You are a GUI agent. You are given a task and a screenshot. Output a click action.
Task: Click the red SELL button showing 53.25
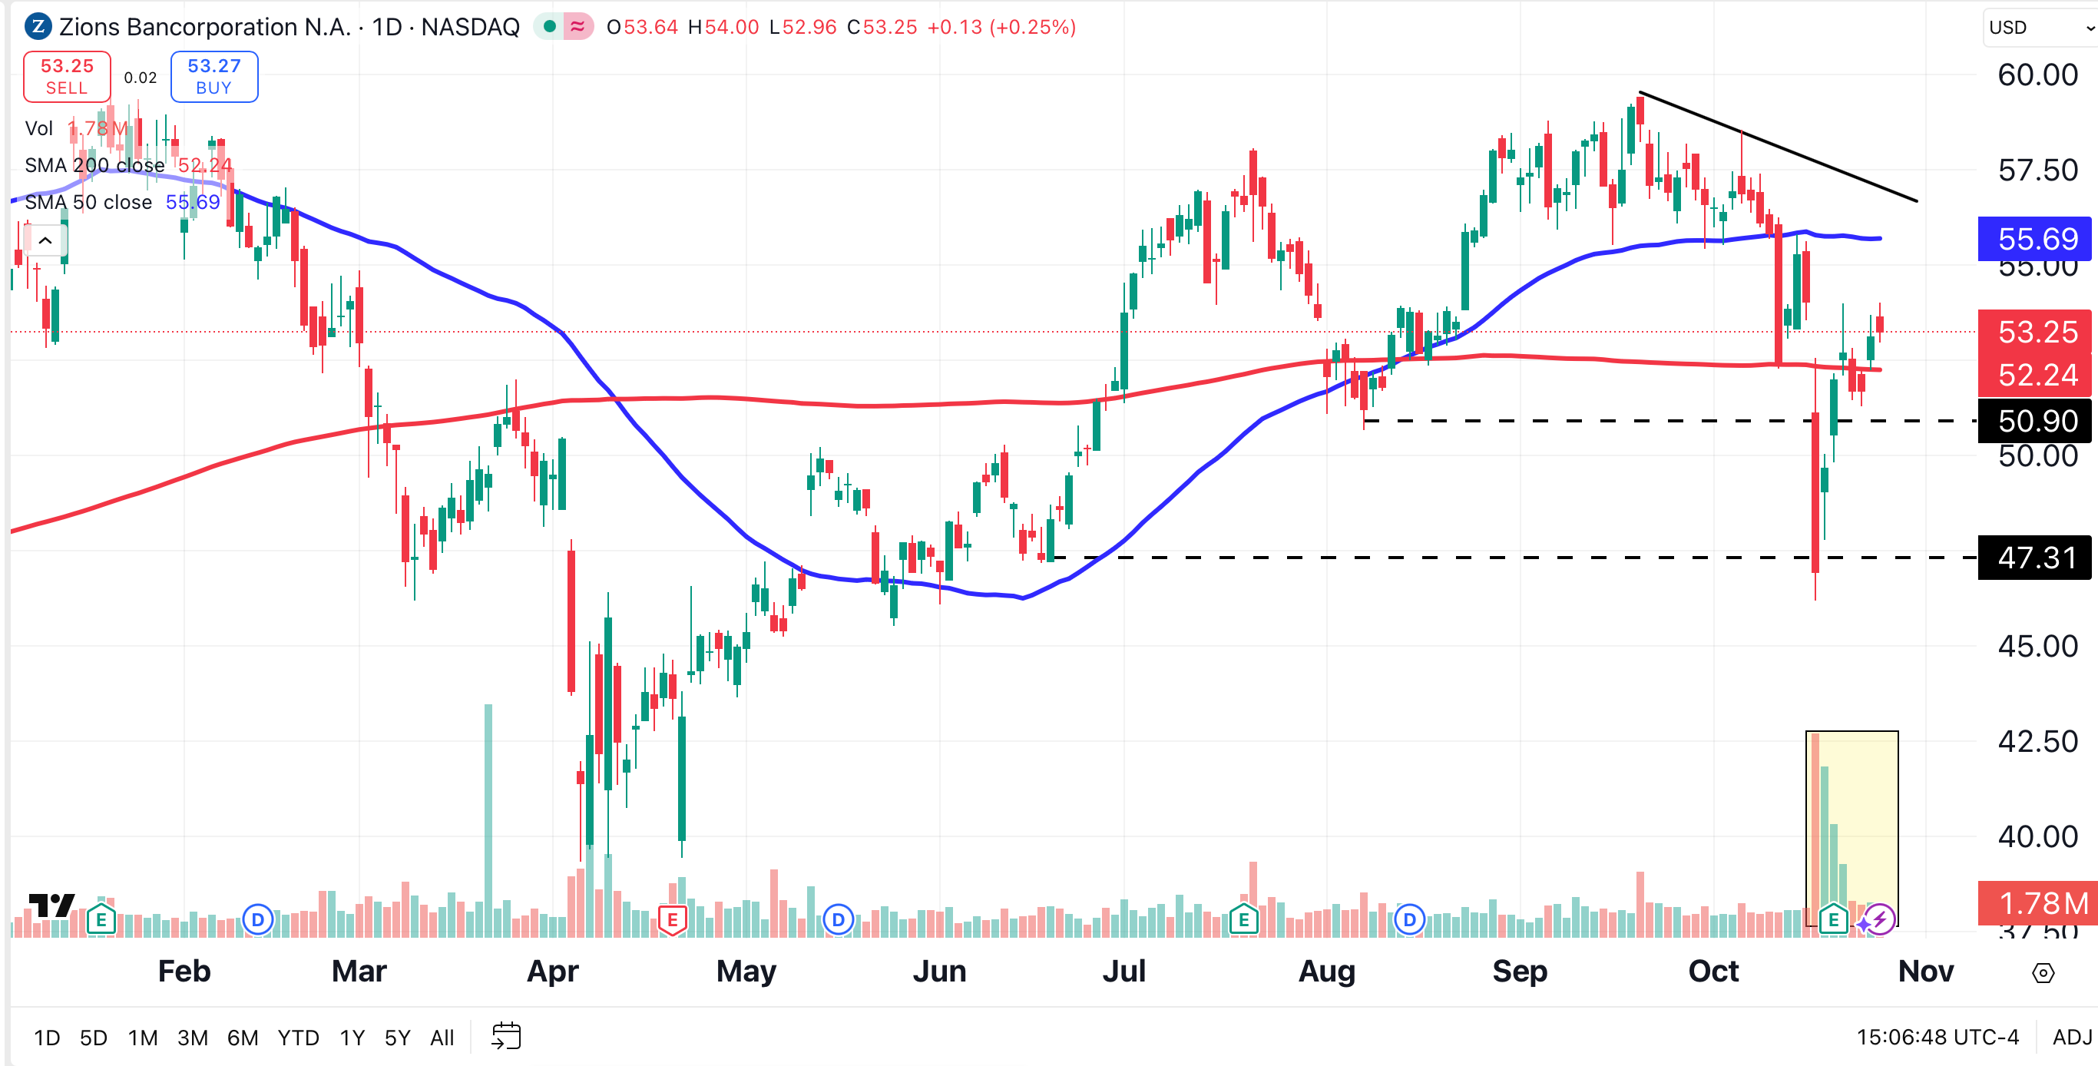(x=67, y=77)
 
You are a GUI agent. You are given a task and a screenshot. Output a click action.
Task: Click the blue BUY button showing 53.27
(x=214, y=77)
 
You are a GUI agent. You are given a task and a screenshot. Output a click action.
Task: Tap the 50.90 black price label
(x=2036, y=421)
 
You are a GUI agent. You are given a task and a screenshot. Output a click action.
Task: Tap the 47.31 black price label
(x=2036, y=558)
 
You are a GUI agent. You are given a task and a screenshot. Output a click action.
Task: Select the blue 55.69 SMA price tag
(x=2036, y=239)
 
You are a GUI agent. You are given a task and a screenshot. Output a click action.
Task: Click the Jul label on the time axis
(x=1124, y=971)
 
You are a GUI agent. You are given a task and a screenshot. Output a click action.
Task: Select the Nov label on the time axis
(x=1925, y=971)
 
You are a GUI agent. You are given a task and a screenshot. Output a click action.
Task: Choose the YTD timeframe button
(x=298, y=1038)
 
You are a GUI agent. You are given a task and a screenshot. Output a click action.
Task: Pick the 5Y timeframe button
(x=398, y=1038)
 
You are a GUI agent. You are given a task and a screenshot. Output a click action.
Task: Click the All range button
(x=442, y=1038)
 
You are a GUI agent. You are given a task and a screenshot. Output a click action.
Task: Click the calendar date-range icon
(x=506, y=1037)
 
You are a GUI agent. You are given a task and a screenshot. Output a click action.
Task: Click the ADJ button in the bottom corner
(x=2072, y=1037)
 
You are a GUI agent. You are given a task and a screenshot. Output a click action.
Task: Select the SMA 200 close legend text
(x=94, y=165)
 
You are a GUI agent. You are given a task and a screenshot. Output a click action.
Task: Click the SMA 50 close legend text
(x=88, y=202)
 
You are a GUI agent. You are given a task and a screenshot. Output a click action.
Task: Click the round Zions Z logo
(x=38, y=27)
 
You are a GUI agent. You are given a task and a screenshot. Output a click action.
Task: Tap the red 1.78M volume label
(x=2036, y=903)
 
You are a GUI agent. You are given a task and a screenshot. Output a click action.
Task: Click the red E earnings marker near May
(x=673, y=920)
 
